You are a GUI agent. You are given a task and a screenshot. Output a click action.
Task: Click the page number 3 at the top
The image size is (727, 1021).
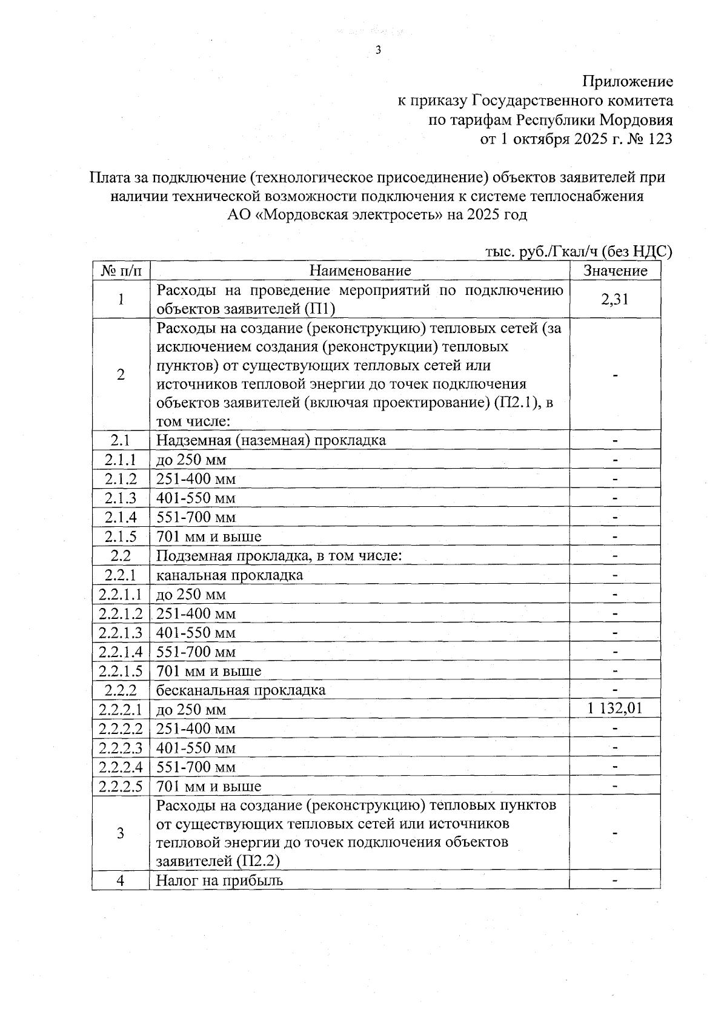pyautogui.click(x=378, y=51)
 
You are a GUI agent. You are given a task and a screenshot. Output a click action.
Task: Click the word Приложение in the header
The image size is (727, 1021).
pyautogui.click(x=627, y=81)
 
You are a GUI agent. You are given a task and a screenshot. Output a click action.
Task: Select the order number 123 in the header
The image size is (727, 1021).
pyautogui.click(x=660, y=139)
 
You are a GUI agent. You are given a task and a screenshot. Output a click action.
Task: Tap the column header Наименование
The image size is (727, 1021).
pyautogui.click(x=360, y=271)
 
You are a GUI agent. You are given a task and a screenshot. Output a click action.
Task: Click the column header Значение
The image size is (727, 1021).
pyautogui.click(x=615, y=271)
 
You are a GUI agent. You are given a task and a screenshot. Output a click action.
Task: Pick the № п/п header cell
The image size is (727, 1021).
pyautogui.click(x=121, y=271)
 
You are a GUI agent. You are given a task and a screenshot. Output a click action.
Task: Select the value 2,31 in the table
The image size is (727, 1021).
pyautogui.click(x=615, y=299)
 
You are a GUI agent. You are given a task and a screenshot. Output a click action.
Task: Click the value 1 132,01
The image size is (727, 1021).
pyautogui.click(x=615, y=709)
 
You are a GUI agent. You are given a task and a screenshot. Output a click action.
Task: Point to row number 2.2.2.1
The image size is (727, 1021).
pyautogui.click(x=121, y=709)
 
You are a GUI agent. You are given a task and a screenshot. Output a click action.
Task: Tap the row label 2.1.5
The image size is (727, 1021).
pyautogui.click(x=121, y=537)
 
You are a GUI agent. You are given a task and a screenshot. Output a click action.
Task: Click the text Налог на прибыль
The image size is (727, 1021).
pyautogui.click(x=219, y=880)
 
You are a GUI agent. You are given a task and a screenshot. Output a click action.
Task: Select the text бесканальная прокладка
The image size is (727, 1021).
pyautogui.click(x=241, y=690)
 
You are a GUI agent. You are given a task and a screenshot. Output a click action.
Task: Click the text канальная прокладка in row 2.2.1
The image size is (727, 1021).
pyautogui.click(x=230, y=575)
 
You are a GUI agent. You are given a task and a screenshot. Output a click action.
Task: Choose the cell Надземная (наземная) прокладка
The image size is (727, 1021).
pyautogui.click(x=271, y=440)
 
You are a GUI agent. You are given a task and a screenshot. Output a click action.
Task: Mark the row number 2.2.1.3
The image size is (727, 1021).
pyautogui.click(x=121, y=632)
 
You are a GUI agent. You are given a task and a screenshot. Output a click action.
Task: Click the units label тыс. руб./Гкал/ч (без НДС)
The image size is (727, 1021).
pyautogui.click(x=579, y=252)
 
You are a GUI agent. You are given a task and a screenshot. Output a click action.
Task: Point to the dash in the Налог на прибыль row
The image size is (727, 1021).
pyautogui.click(x=615, y=880)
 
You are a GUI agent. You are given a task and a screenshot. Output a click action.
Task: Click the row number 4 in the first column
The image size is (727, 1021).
pyautogui.click(x=121, y=880)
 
